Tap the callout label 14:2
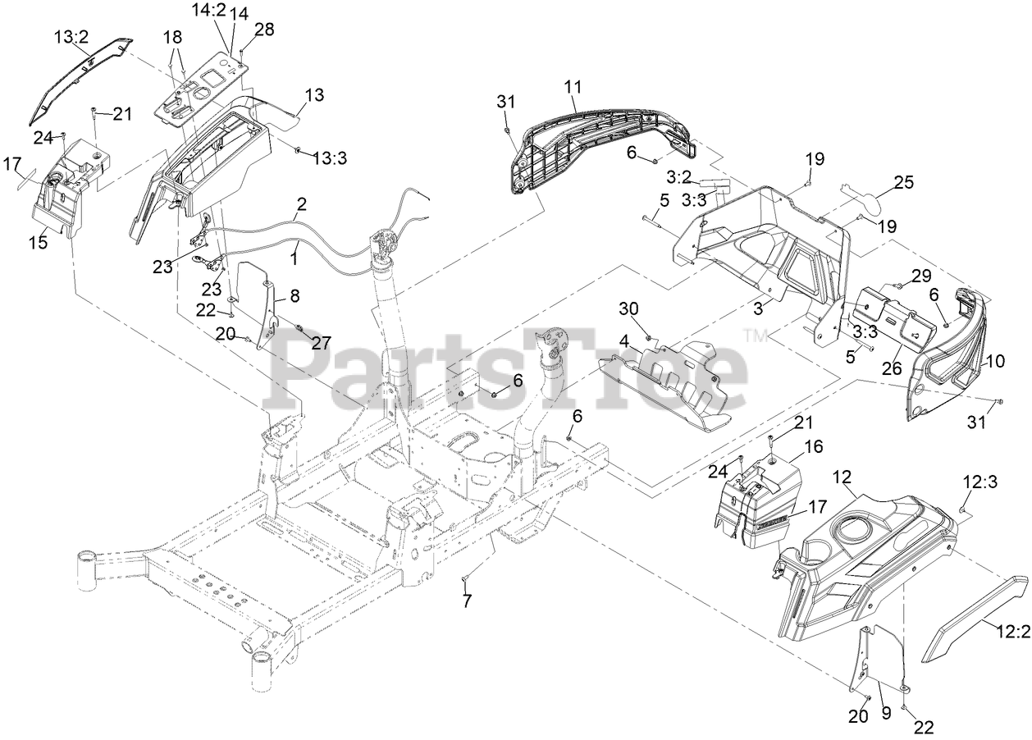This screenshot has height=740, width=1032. coord(208,11)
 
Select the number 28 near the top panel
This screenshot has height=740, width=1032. coord(264,30)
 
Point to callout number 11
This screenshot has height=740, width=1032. coord(573,86)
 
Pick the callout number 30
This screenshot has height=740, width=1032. coord(628,308)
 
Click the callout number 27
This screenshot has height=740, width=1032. coord(322,343)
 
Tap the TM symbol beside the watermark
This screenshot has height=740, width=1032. coord(751,334)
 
